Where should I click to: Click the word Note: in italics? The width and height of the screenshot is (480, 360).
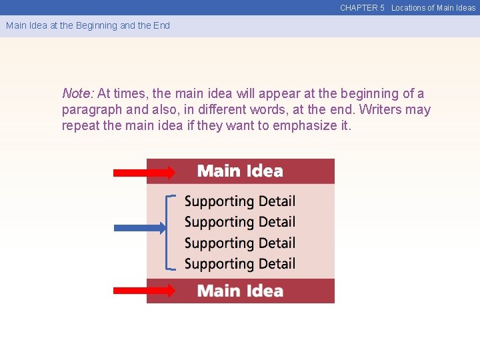point(78,94)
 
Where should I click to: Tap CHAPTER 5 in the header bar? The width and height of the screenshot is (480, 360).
point(362,8)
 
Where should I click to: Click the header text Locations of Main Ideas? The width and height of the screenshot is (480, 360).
point(433,8)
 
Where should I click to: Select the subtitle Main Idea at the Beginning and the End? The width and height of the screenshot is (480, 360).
point(88,25)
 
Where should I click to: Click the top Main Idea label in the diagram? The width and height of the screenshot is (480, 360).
point(240,171)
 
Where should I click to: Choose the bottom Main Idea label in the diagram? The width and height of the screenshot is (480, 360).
point(240,291)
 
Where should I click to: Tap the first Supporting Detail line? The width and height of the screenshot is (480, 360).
point(239,201)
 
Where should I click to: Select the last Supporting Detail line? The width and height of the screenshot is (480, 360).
point(239,264)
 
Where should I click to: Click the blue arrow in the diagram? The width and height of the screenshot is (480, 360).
point(139,228)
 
